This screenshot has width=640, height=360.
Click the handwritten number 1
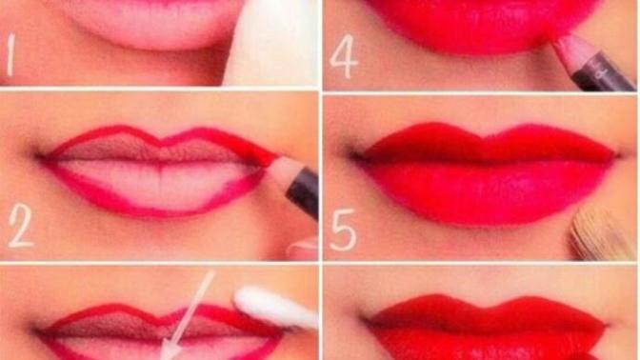(11, 55)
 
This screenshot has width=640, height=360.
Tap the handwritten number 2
(20, 226)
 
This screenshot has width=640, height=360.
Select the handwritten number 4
(343, 56)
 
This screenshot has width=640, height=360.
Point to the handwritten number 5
(343, 230)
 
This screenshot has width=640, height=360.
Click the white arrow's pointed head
(169, 351)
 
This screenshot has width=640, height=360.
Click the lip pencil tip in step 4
(557, 42)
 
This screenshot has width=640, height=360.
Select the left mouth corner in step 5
(356, 156)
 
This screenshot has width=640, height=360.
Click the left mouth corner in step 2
(41, 157)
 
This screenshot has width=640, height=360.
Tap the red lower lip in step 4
(482, 29)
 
